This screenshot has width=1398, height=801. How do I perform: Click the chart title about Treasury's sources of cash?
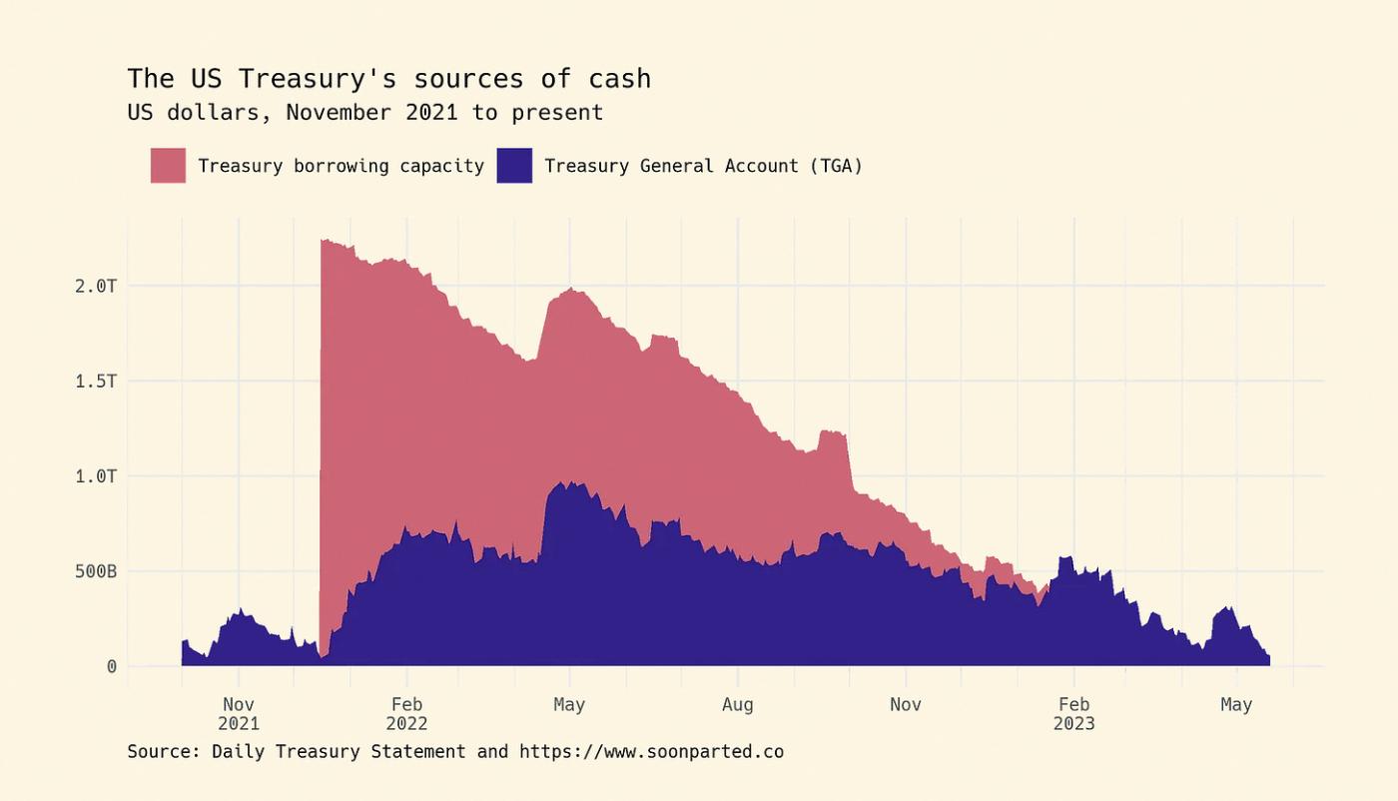tap(388, 78)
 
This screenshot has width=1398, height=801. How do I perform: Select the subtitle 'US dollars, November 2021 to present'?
tap(364, 112)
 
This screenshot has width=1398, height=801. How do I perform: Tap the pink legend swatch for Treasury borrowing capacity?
tap(168, 166)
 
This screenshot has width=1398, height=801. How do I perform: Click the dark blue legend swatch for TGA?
tap(514, 166)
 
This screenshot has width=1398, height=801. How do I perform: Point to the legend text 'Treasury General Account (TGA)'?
tap(703, 166)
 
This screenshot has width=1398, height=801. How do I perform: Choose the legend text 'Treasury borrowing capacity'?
tap(341, 166)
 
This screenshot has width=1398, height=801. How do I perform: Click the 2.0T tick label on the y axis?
tap(97, 286)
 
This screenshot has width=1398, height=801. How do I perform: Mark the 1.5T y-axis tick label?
tap(97, 381)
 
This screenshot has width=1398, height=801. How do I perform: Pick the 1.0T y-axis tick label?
tap(97, 476)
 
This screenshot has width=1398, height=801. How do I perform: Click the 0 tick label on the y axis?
tap(111, 666)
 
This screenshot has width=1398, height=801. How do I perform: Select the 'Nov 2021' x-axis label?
tap(238, 714)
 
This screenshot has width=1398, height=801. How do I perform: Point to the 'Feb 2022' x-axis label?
tap(406, 714)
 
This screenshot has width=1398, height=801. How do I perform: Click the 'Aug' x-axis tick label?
tap(737, 705)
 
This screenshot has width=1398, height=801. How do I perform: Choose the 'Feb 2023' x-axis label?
tap(1073, 714)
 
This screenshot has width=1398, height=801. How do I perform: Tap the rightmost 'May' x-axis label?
tap(1236, 705)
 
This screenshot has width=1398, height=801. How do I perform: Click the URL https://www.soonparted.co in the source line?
tap(651, 751)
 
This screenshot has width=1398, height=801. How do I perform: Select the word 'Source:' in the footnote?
tap(164, 751)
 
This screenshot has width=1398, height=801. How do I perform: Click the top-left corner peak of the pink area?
tap(323, 241)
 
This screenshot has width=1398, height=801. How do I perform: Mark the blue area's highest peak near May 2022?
tap(571, 483)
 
